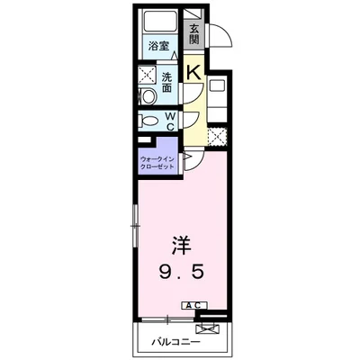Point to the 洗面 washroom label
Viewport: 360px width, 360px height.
(x=166, y=82)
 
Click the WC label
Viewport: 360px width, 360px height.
(x=169, y=121)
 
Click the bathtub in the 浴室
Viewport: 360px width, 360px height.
(x=159, y=26)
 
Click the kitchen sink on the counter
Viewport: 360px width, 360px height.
(x=217, y=87)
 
